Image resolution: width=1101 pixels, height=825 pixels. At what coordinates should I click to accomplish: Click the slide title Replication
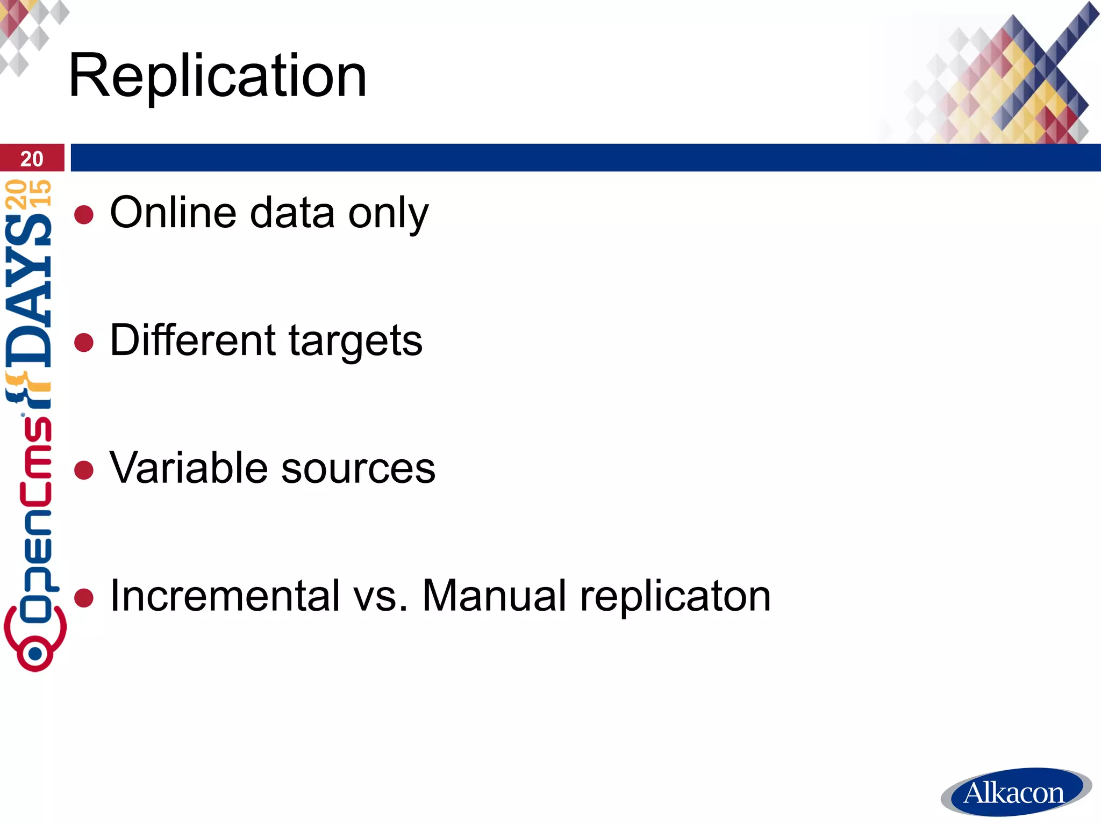(218, 76)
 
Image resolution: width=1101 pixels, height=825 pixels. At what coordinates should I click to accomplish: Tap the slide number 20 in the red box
(32, 159)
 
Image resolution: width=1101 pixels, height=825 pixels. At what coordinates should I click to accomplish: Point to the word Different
(193, 340)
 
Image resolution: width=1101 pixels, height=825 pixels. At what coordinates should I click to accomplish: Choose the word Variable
(189, 467)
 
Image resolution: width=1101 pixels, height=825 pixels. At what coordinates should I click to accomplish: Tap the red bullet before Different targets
(84, 342)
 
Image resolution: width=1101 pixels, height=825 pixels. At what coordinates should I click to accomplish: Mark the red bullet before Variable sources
(84, 469)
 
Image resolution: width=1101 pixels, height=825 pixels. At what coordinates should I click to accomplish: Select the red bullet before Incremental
(84, 597)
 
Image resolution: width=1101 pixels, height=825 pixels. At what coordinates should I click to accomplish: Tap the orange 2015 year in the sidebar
(28, 193)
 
